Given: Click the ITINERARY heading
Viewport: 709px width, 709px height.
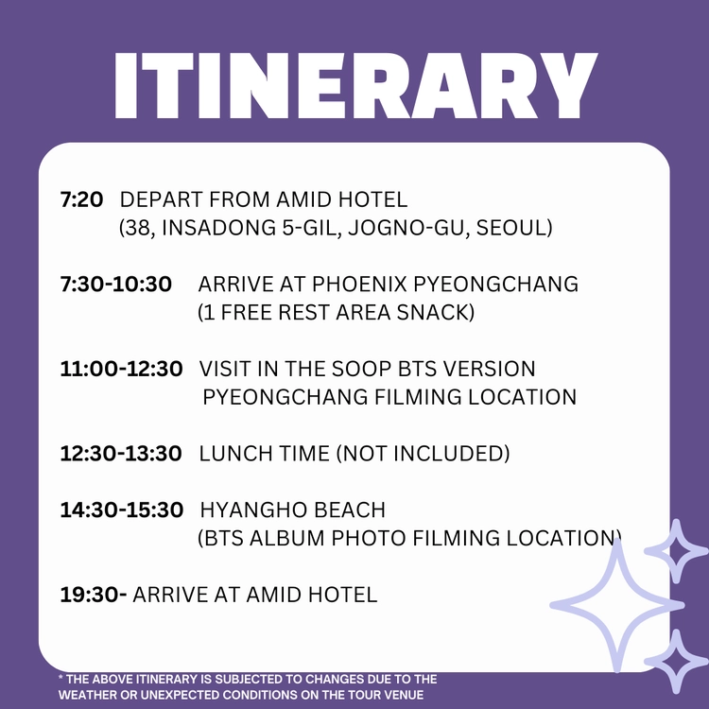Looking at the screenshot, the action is (x=355, y=86).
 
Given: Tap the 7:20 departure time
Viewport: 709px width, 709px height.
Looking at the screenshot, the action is (x=81, y=199).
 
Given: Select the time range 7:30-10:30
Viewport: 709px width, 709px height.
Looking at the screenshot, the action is (x=115, y=284).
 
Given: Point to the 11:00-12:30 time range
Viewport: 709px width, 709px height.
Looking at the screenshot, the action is (x=121, y=369).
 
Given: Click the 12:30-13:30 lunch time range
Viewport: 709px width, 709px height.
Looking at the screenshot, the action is (x=121, y=453).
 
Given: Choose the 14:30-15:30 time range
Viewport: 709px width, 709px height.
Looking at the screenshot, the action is (x=122, y=510).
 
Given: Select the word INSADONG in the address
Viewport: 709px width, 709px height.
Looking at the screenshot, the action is (x=218, y=228).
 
